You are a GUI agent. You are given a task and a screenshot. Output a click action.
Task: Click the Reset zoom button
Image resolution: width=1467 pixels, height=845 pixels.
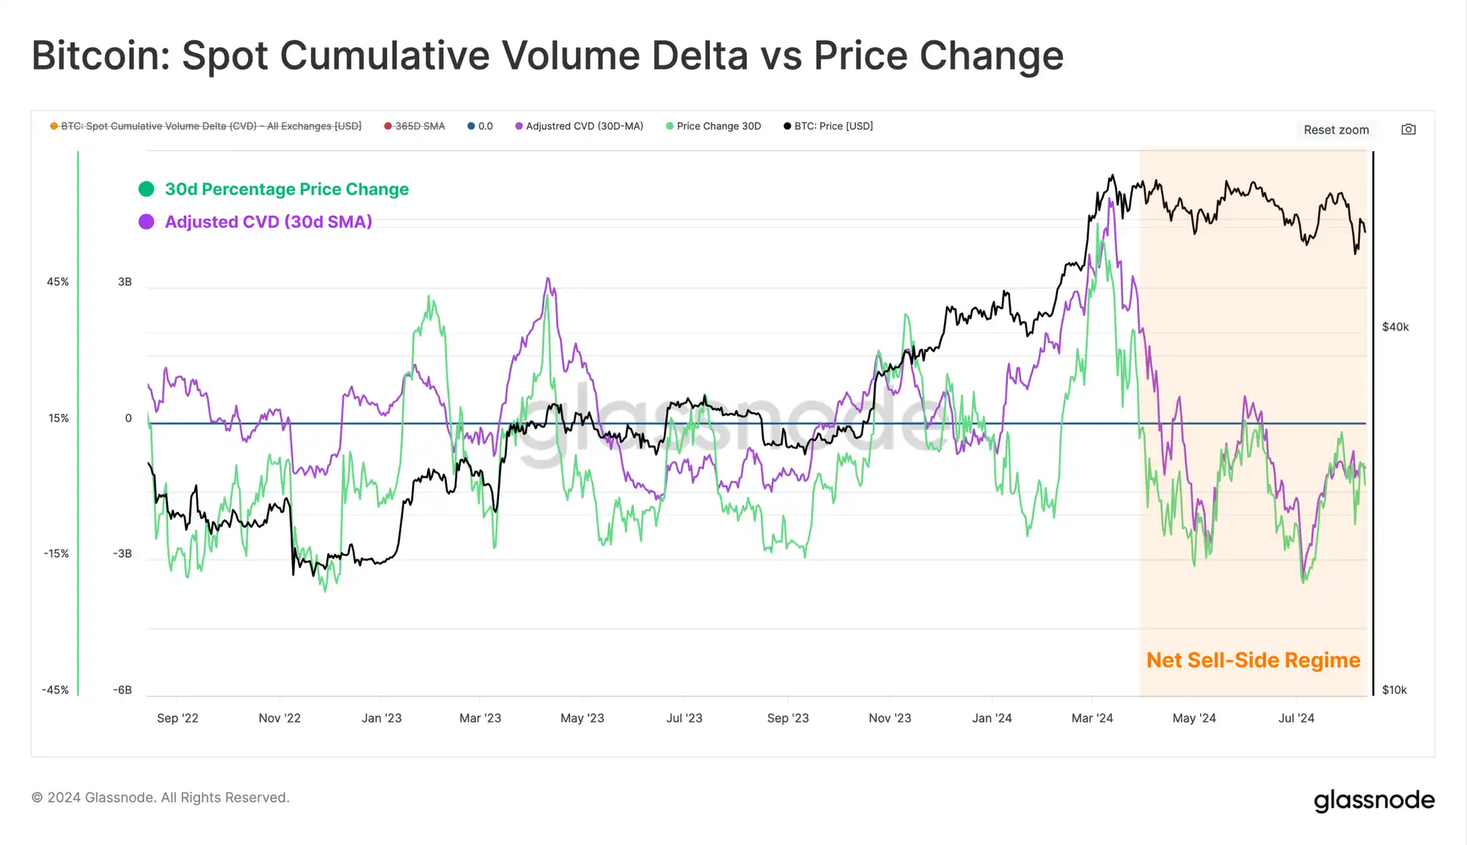[1336, 130]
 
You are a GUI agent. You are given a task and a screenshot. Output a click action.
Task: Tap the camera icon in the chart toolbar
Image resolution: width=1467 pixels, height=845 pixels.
[1408, 130]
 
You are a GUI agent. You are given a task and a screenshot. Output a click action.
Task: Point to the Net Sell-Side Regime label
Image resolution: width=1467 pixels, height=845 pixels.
[1253, 660]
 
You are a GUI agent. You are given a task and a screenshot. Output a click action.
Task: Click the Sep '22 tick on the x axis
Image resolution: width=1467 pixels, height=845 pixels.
[178, 718]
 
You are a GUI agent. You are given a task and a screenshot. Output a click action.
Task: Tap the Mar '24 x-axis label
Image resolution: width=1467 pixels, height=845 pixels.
[1092, 718]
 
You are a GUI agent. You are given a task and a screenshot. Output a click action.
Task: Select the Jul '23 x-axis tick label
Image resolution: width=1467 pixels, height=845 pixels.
[684, 718]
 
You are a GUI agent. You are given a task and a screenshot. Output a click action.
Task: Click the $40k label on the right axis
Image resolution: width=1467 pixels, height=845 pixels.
[1395, 327]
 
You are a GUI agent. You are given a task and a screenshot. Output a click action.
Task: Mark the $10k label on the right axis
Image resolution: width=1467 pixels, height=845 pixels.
[1394, 690]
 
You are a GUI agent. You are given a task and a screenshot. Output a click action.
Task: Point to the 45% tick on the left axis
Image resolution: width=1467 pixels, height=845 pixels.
[58, 282]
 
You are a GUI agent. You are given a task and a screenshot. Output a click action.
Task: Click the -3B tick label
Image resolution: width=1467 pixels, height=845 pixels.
[122, 554]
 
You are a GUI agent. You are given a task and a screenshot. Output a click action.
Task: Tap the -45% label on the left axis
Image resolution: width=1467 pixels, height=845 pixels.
[55, 690]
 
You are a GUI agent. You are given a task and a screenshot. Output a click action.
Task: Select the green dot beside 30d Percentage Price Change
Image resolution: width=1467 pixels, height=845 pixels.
[147, 189]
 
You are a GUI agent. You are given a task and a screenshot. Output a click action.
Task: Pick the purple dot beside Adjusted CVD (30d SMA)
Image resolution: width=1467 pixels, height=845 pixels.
[147, 222]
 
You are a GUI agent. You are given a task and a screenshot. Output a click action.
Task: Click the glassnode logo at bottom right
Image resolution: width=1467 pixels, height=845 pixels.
[1374, 800]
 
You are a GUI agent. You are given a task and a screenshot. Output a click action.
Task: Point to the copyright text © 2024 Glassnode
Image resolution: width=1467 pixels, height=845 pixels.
[160, 797]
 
